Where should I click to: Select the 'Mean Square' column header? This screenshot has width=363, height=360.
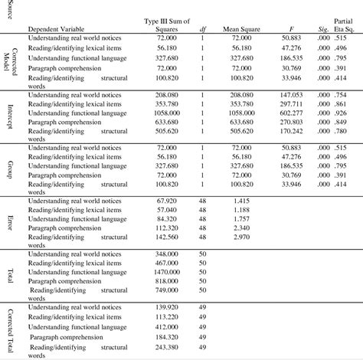point(240,29)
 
